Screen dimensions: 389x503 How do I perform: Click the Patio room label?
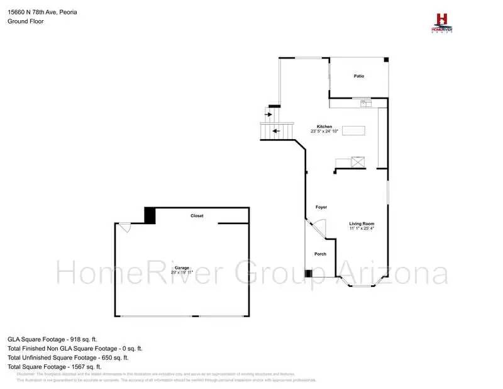pyautogui.click(x=359, y=76)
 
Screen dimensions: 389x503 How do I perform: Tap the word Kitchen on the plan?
pyautogui.click(x=324, y=126)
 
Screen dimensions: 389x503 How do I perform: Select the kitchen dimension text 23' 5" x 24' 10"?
pyautogui.click(x=324, y=132)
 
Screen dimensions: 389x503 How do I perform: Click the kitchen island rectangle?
pyautogui.click(x=353, y=131)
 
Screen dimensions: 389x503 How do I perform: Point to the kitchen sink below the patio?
pyautogui.click(x=365, y=102)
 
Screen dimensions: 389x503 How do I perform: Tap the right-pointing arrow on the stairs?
pyautogui.click(x=268, y=115)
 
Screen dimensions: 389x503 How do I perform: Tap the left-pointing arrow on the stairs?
pyautogui.click(x=275, y=132)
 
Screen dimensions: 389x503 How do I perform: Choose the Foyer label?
pyautogui.click(x=321, y=207)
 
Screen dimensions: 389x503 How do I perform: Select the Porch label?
pyautogui.click(x=320, y=254)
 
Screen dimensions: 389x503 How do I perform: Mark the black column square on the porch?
pyautogui.click(x=308, y=273)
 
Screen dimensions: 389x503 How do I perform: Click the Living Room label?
pyautogui.click(x=362, y=223)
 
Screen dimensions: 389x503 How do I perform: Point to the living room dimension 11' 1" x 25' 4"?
pyautogui.click(x=362, y=229)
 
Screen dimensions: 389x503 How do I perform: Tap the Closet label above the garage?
pyautogui.click(x=197, y=216)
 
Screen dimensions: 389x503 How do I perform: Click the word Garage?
pyautogui.click(x=182, y=268)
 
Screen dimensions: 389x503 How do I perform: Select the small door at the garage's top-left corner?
pyautogui.click(x=126, y=227)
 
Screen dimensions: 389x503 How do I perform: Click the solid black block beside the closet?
pyautogui.click(x=150, y=215)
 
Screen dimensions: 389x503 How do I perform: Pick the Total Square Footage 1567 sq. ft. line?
pyautogui.click(x=55, y=366)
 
